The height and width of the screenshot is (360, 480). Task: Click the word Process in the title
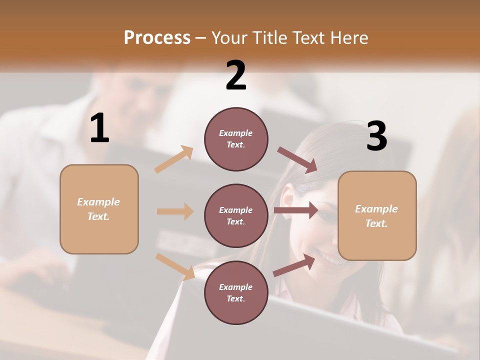pyautogui.click(x=157, y=37)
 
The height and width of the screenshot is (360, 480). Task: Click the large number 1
pyautogui.click(x=99, y=128)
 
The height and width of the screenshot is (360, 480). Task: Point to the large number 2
pyautogui.click(x=236, y=75)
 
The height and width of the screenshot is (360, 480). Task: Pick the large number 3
pyautogui.click(x=376, y=136)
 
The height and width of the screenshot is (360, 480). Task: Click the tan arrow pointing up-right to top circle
pyautogui.click(x=174, y=159)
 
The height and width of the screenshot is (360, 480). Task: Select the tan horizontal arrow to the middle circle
pyautogui.click(x=175, y=211)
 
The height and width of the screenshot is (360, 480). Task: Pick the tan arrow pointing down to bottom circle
pyautogui.click(x=175, y=266)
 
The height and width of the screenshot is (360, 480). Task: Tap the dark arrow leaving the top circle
pyautogui.click(x=297, y=160)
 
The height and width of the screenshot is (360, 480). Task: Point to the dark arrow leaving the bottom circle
pyautogui.click(x=294, y=264)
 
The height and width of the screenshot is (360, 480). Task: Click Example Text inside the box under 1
pyautogui.click(x=98, y=209)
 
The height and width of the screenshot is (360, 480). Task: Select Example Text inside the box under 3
pyautogui.click(x=376, y=216)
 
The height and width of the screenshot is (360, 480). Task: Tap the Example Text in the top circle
pyautogui.click(x=236, y=139)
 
